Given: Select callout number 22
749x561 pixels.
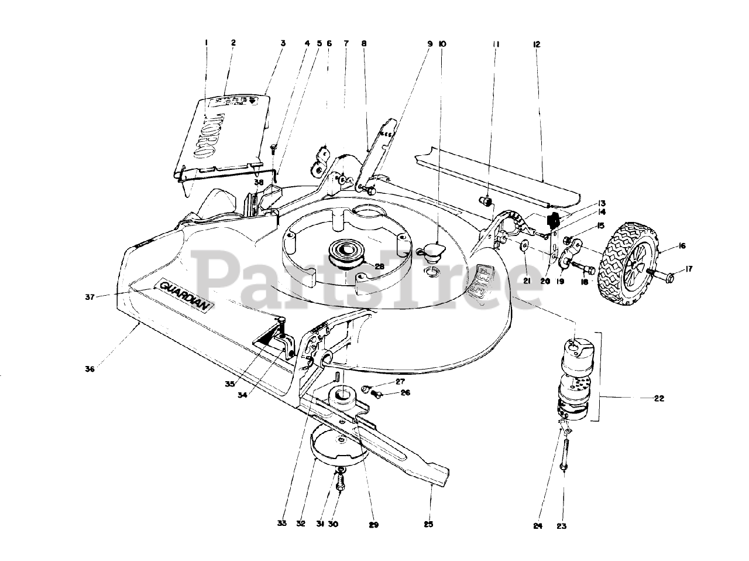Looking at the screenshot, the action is tap(659, 399).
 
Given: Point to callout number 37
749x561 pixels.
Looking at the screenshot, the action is tap(90, 297).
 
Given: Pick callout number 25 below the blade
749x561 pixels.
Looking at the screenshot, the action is tap(428, 524).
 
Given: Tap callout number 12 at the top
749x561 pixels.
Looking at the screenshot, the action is tap(537, 43).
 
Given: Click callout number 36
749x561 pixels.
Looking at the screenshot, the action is tap(90, 369).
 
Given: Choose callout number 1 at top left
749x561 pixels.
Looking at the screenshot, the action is tap(207, 42).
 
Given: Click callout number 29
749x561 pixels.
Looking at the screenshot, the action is tap(373, 524).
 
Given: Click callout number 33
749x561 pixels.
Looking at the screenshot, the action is tap(283, 524).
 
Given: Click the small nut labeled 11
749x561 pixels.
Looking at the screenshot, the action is tap(485, 202).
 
